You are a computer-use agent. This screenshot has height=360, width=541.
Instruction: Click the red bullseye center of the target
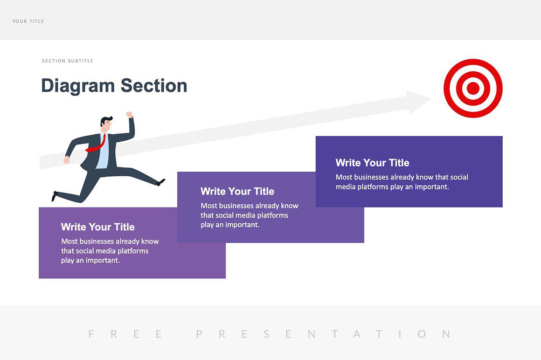click(473, 88)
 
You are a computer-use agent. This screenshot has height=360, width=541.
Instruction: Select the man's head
click(107, 123)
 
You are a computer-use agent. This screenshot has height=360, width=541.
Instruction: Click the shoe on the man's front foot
click(161, 182)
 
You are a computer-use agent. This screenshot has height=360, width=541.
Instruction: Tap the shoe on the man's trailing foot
click(55, 196)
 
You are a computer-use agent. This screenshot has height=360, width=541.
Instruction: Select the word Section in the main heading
click(154, 86)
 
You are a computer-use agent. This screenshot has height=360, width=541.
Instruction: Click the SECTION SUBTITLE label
click(68, 61)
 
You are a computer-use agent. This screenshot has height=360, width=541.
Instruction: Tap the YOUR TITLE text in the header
click(28, 21)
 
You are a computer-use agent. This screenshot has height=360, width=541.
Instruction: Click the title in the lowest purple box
click(98, 227)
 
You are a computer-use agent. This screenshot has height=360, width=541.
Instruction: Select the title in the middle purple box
click(237, 191)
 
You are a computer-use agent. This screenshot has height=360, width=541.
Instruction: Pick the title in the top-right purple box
click(372, 163)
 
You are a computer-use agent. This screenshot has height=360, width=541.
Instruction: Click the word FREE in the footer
click(125, 334)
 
